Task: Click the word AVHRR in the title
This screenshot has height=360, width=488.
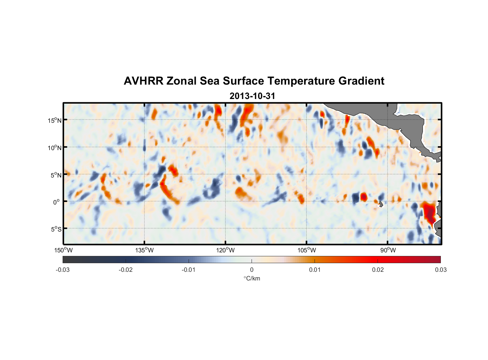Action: click(143, 81)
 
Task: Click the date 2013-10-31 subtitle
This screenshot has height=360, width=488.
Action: click(252, 96)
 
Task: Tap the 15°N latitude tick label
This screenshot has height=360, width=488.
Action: click(55, 120)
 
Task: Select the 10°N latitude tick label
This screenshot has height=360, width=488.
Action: click(55, 148)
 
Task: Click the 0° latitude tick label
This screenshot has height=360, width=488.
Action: click(57, 202)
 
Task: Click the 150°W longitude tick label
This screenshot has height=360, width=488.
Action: click(63, 250)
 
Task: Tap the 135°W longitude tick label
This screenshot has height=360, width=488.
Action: click(144, 250)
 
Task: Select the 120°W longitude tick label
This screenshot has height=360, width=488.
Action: click(225, 250)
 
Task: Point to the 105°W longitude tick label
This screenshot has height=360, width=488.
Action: click(307, 250)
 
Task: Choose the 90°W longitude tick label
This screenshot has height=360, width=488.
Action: click(388, 250)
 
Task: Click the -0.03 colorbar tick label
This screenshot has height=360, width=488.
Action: click(63, 270)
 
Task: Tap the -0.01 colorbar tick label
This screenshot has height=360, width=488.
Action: click(189, 270)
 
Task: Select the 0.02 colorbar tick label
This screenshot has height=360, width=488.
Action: click(378, 270)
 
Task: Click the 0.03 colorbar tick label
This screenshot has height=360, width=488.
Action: click(440, 270)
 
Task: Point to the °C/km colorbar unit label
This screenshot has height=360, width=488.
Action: click(252, 278)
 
